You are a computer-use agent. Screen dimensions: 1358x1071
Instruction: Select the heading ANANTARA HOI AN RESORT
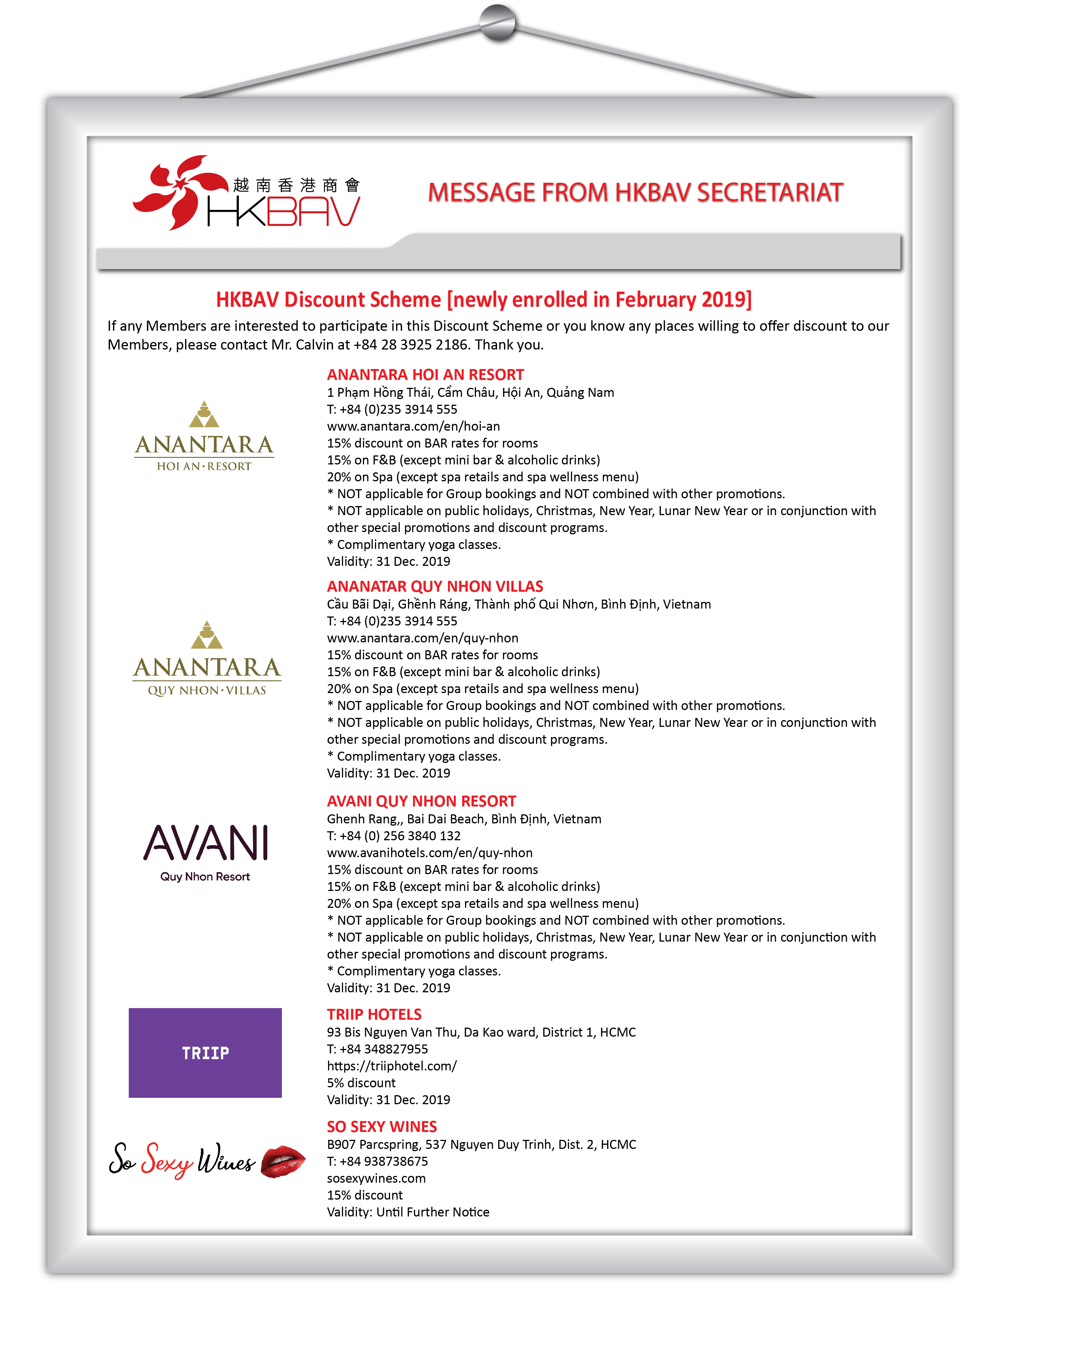click(x=425, y=375)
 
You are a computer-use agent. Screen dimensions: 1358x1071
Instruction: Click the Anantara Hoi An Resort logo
click(x=205, y=437)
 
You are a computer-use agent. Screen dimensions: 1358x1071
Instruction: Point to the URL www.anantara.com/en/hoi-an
click(x=413, y=427)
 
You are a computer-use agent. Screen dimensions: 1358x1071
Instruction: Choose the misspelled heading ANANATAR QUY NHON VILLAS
click(x=435, y=587)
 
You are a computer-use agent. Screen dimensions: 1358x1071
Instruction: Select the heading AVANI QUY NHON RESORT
click(x=421, y=801)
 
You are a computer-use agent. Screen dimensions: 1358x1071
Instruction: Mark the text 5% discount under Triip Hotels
click(x=361, y=1083)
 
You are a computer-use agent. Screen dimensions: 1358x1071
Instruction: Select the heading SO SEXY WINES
click(x=381, y=1127)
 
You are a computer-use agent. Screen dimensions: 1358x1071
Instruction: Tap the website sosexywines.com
click(x=376, y=1178)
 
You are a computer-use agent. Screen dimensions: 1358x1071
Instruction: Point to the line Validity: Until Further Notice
click(x=408, y=1212)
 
